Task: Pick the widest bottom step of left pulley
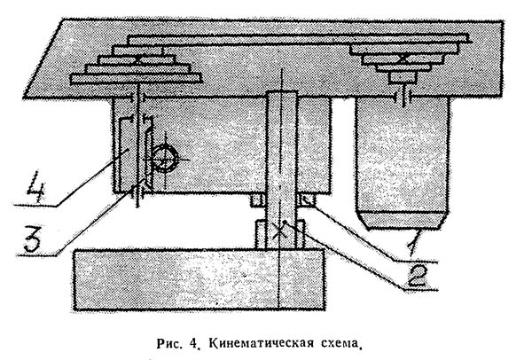pos(124,81)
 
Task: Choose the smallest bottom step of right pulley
pos(404,78)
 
